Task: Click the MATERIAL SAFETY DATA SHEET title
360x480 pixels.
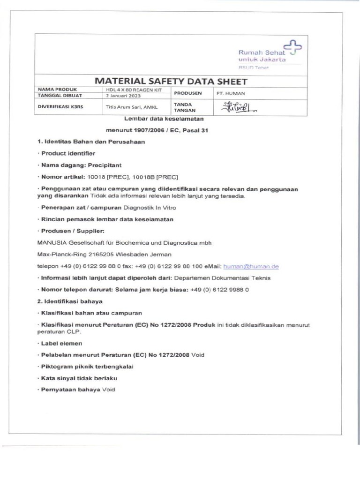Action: (171, 82)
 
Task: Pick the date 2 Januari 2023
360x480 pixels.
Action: (123, 95)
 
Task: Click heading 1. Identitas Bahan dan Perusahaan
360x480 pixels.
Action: (91, 141)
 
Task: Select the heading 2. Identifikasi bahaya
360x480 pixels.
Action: (70, 301)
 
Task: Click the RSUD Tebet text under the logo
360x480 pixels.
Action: (254, 67)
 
